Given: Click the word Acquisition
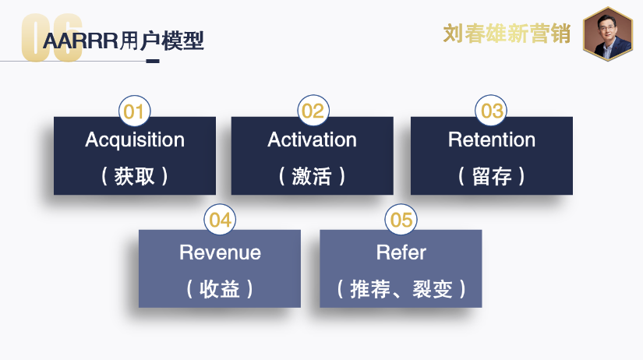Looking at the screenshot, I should [135, 140].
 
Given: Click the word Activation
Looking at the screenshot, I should [312, 140].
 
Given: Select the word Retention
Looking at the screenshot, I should [492, 140].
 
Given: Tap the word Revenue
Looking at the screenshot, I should [220, 253].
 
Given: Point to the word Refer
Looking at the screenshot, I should [401, 253].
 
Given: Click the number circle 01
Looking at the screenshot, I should [134, 111].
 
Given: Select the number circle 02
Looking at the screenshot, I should [313, 111].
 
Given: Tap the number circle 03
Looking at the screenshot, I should [492, 111].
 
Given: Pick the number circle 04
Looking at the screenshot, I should [220, 221].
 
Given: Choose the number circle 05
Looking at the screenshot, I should [401, 221].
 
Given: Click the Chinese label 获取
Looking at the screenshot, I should [135, 176].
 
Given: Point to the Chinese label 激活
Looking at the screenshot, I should [312, 176].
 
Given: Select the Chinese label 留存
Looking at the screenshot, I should [492, 176].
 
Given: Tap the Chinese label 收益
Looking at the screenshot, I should [220, 289].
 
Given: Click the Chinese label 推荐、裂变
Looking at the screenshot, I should [401, 289].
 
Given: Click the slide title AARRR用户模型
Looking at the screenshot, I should [123, 41].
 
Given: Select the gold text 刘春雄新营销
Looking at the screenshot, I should [507, 34].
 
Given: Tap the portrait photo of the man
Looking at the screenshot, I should [608, 34].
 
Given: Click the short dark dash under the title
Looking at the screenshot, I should [153, 62].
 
